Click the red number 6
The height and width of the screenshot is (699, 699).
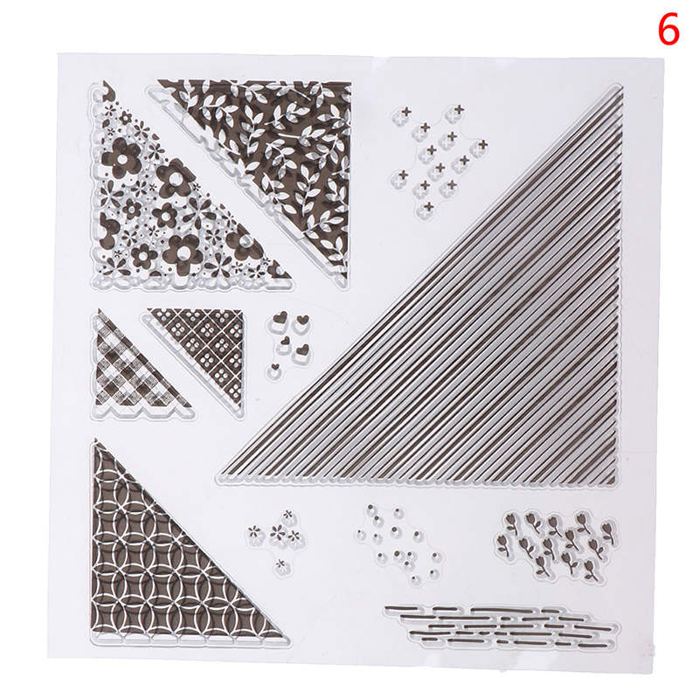point(668,29)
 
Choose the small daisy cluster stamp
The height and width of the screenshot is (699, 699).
point(277,540)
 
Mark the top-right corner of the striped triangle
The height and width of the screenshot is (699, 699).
point(621,87)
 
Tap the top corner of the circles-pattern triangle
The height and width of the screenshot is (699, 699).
point(95,442)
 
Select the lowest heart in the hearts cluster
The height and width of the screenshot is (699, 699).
point(275,368)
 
